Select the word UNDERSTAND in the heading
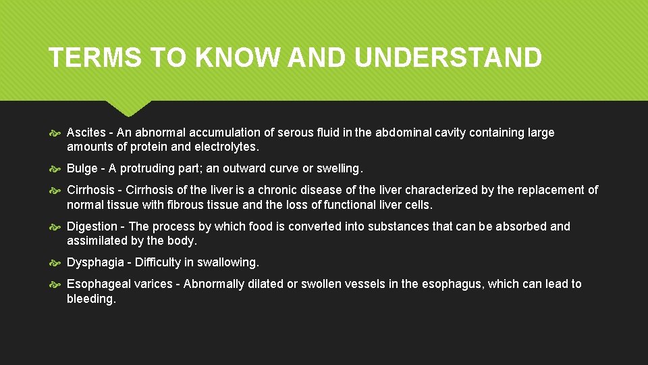[448, 58]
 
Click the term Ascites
[86, 132]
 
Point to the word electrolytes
[225, 147]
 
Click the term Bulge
[82, 168]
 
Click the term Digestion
[92, 226]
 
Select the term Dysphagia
[94, 262]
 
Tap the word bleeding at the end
[91, 298]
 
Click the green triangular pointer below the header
[128, 108]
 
